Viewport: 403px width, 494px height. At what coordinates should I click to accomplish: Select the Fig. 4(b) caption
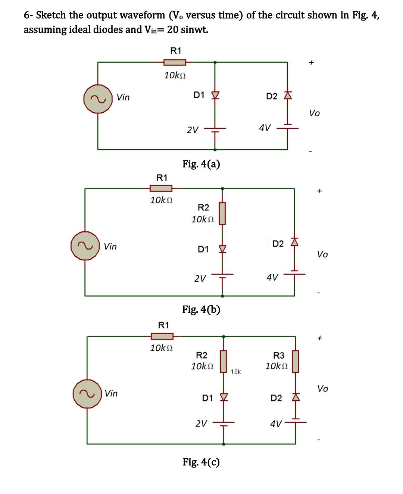(x=201, y=309)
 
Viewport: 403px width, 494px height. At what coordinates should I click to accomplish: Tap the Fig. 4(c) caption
(x=201, y=462)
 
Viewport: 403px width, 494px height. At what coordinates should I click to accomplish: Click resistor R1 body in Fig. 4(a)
(x=175, y=62)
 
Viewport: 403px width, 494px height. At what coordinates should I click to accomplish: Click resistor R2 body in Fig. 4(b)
(x=222, y=213)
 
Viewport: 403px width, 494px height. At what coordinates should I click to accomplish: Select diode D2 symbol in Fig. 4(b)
(x=294, y=243)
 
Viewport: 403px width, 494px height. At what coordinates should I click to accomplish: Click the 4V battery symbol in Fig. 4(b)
(x=294, y=274)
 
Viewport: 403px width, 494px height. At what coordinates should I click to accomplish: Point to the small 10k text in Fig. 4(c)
(x=236, y=372)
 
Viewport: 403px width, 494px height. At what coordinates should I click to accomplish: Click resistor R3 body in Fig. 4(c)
(x=296, y=361)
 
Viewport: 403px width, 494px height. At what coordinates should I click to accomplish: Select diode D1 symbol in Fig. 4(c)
(x=224, y=397)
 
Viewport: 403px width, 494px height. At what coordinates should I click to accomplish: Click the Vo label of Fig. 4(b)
(x=322, y=254)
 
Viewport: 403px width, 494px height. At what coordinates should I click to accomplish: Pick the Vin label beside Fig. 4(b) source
(x=110, y=246)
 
